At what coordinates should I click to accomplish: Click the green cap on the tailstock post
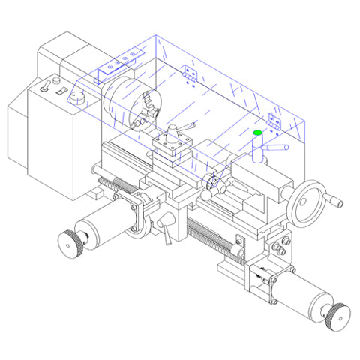coord(257,133)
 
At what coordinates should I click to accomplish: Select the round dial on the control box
coord(77,97)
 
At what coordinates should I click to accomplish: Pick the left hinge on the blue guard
coord(190,73)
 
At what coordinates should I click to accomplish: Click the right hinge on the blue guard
coord(274,121)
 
